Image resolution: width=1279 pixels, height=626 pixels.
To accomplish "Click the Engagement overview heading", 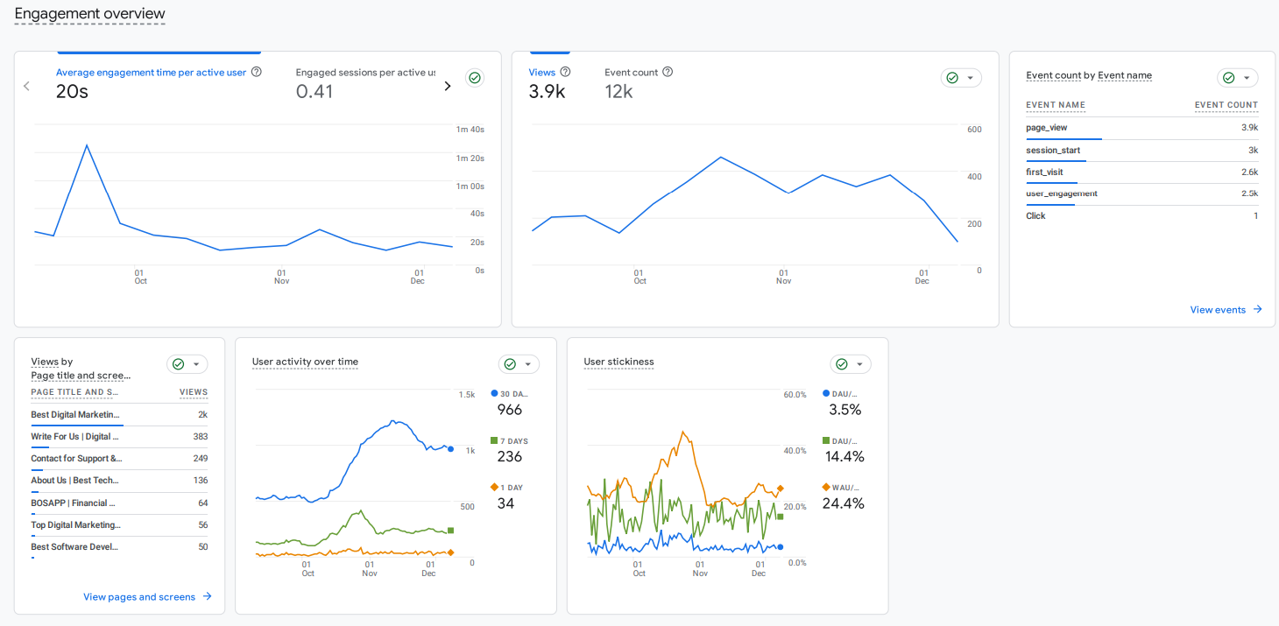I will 89,14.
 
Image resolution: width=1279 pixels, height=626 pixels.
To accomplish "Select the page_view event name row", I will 1047,128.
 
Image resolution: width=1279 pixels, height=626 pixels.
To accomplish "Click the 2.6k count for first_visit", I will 1249,172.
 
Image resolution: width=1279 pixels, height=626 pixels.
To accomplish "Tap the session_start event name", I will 1053,151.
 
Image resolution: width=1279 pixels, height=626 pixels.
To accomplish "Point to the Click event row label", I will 1035,216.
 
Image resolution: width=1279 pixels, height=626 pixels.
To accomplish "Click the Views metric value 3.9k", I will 547,91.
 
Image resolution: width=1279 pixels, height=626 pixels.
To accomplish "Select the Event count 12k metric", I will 618,91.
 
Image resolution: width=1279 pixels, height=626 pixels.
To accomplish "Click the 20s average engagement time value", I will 72,91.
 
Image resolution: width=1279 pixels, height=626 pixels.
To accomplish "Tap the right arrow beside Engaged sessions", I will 448,86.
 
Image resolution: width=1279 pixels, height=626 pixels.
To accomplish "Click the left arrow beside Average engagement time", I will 27,86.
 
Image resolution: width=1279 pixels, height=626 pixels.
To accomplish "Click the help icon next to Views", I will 565,73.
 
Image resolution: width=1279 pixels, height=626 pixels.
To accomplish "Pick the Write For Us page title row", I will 74,437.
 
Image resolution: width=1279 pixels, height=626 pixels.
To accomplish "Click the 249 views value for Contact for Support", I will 200,459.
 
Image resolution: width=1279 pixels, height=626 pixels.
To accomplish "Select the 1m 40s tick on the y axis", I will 470,130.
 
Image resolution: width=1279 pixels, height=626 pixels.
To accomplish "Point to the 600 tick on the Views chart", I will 973,130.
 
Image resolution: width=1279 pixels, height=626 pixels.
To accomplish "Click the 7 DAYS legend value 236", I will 509,457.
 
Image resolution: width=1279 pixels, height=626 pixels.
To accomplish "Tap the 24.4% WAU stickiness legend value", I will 843,503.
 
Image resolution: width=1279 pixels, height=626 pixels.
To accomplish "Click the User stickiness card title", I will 618,362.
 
